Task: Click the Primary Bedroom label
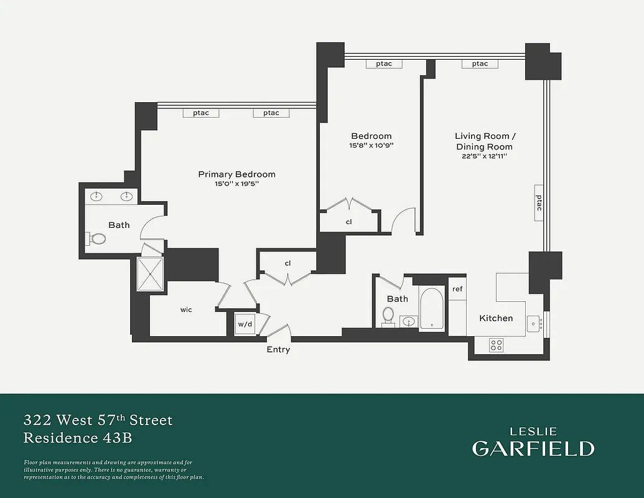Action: point(236,174)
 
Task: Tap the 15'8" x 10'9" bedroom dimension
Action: point(371,145)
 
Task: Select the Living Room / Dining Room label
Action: point(485,141)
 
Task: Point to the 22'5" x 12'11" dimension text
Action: point(485,156)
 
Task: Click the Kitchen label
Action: point(496,318)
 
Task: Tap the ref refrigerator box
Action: point(457,289)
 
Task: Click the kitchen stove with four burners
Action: point(496,345)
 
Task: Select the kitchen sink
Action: point(534,324)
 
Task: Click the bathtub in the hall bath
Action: point(432,309)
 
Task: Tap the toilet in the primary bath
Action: point(98,238)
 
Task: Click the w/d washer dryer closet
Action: point(244,324)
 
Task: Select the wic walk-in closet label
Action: point(186,309)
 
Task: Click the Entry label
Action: point(278,350)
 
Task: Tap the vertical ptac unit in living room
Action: point(539,203)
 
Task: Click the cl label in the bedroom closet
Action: point(349,221)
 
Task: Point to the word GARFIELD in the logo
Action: point(533,448)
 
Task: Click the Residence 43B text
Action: point(78,438)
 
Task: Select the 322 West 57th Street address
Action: point(98,420)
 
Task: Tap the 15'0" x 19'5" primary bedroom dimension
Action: point(236,184)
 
